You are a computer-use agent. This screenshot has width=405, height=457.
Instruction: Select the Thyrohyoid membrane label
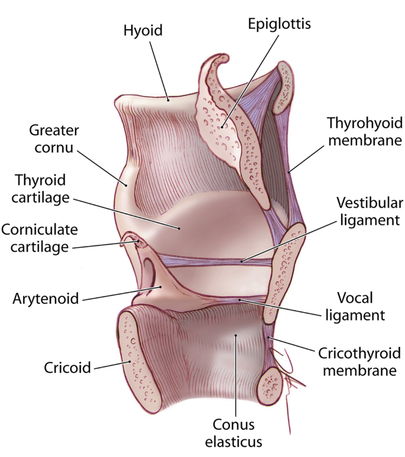[x=365, y=132]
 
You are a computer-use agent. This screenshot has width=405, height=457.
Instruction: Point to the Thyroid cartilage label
[x=41, y=188]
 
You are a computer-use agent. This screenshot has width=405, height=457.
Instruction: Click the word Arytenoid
[x=46, y=298]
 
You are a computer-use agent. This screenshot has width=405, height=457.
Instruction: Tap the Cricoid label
[x=67, y=368]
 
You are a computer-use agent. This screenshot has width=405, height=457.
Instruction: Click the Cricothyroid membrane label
[x=359, y=362]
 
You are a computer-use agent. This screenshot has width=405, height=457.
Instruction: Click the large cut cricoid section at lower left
[x=137, y=361]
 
